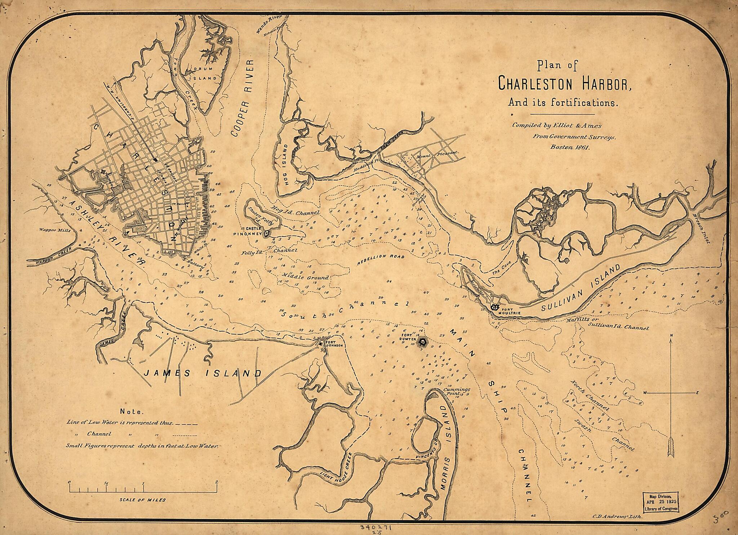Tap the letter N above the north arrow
tap(670, 336)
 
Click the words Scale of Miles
tap(143, 500)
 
